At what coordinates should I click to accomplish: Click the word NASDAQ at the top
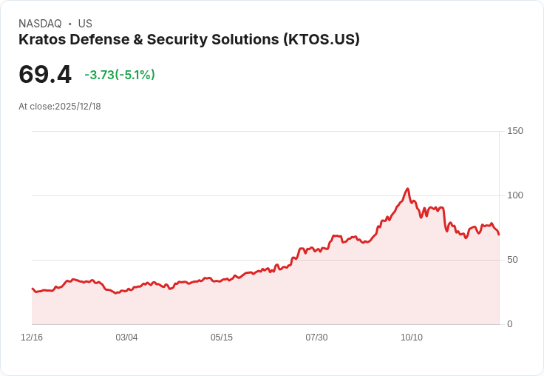[x=40, y=24]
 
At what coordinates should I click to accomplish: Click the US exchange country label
[x=85, y=24]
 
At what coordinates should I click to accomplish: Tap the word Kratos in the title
[x=42, y=40]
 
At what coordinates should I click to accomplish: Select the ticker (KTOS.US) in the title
[x=321, y=40]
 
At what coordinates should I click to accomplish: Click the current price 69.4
[x=45, y=75]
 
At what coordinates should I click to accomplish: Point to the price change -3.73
[x=99, y=75]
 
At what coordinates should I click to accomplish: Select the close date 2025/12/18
[x=78, y=107]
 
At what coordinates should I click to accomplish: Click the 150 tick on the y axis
[x=515, y=131]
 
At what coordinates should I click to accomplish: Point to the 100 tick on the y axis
[x=515, y=195]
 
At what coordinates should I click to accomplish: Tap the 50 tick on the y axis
[x=513, y=260]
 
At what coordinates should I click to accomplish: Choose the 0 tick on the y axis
[x=510, y=324]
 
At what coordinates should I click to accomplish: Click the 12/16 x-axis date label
[x=32, y=338]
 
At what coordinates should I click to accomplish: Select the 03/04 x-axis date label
[x=126, y=338]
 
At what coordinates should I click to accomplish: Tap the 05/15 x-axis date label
[x=222, y=338]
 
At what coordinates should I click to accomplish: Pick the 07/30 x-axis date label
[x=316, y=338]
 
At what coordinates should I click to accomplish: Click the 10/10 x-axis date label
[x=412, y=338]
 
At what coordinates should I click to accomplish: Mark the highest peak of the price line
[x=407, y=189]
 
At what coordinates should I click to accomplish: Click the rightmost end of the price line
[x=499, y=235]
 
